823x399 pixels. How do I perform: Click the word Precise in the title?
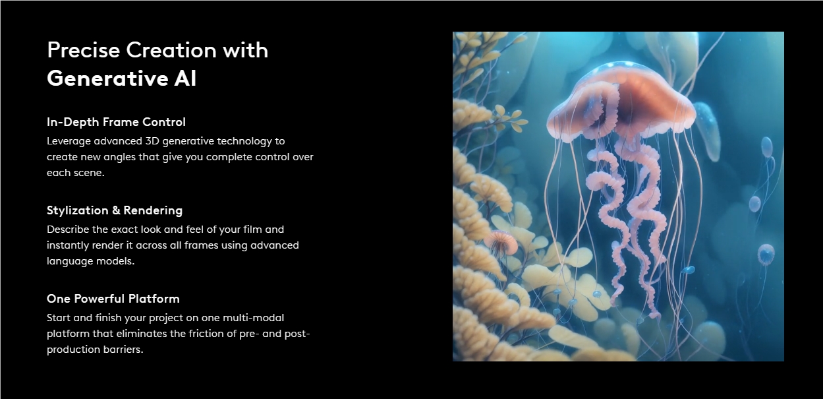[84, 49]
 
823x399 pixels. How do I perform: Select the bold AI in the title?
[185, 78]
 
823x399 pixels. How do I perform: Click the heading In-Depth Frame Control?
[116, 122]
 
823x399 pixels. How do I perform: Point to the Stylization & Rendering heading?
[115, 210]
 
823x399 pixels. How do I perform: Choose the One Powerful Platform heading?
[113, 298]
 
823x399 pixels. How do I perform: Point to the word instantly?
[68, 245]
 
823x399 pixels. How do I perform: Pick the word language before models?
[70, 261]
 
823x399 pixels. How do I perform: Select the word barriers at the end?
[123, 350]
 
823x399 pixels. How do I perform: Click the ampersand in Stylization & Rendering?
[116, 210]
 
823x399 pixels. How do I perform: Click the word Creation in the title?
[171, 49]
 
